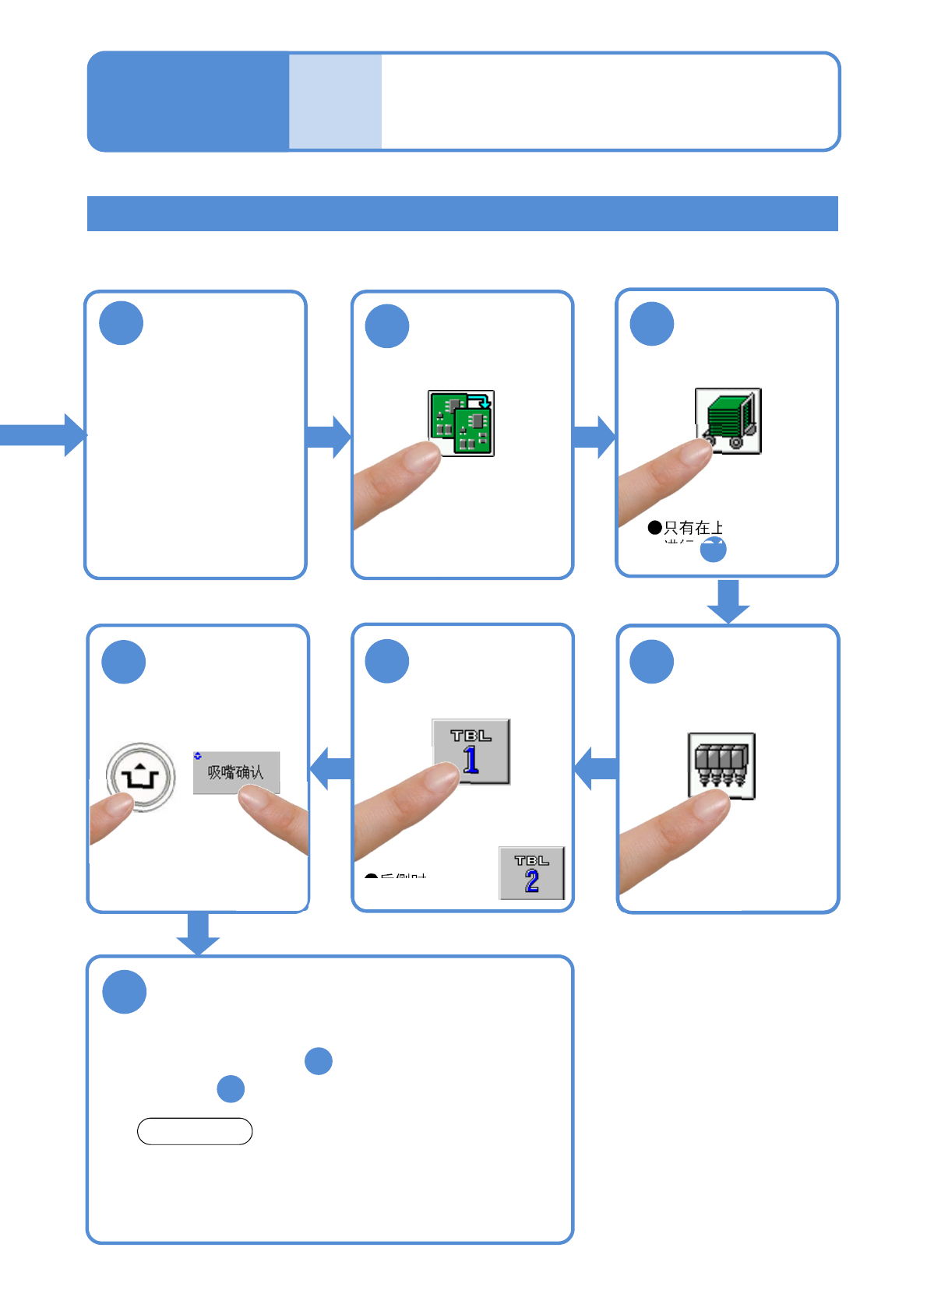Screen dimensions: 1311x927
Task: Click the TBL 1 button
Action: point(471,751)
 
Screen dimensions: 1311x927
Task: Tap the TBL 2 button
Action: point(532,873)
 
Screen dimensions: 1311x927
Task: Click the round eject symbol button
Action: point(141,777)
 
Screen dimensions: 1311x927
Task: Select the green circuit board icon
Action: point(461,424)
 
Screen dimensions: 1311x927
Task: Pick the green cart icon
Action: point(728,420)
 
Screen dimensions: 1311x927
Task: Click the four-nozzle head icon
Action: point(721,765)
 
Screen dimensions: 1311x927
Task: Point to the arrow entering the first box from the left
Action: point(43,434)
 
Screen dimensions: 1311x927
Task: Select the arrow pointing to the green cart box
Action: point(594,437)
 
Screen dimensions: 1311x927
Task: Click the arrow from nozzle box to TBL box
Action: point(596,768)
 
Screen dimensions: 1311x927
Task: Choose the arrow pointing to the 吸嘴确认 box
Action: point(332,768)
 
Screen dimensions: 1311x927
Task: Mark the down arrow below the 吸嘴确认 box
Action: point(198,933)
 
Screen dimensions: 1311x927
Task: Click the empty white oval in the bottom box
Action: point(195,1131)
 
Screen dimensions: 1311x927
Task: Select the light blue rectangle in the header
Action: point(335,101)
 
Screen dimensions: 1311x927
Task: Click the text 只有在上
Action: point(693,528)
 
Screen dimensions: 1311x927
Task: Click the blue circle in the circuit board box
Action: point(387,326)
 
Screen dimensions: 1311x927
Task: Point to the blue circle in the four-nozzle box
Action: point(652,662)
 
